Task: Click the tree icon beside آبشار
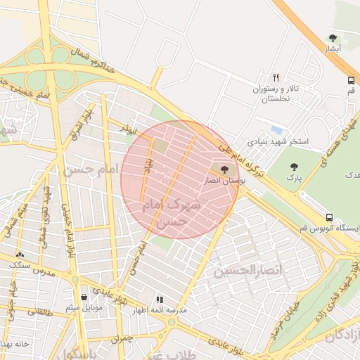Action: click(333, 38)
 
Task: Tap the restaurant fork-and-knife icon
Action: click(276, 77)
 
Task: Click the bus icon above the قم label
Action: click(350, 79)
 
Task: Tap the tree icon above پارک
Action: click(293, 167)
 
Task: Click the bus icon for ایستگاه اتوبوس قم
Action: click(329, 217)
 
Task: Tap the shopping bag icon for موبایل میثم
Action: click(84, 296)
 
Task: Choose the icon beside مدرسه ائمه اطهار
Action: click(159, 299)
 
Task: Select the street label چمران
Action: click(120, 338)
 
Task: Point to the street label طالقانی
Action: click(31, 311)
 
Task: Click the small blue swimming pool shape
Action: click(276, 130)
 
